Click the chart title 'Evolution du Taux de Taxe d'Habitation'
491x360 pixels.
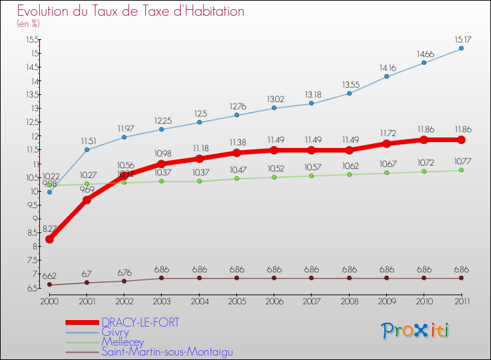(131, 12)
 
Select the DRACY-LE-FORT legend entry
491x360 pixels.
(140, 323)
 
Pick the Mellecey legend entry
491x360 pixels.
(121, 342)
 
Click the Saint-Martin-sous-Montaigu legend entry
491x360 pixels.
(166, 351)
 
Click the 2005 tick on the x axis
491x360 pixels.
(236, 300)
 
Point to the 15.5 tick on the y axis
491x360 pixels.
(32, 40)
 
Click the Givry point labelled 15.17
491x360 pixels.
(461, 48)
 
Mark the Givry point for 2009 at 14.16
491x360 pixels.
(386, 77)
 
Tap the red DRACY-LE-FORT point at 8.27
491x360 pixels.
(49, 239)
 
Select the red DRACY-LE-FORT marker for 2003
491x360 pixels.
(162, 164)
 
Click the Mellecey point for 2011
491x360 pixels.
(461, 170)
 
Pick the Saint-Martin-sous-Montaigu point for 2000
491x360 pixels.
(49, 285)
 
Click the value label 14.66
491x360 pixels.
(424, 54)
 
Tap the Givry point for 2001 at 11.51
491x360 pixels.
(86, 150)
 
